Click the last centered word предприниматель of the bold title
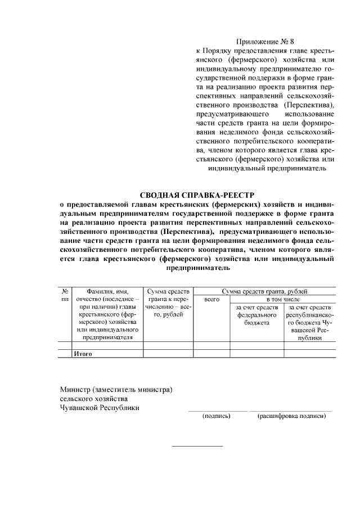(197, 268)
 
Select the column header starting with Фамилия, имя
(107, 314)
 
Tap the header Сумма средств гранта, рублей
(264, 291)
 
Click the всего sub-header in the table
(212, 300)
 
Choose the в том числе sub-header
(282, 300)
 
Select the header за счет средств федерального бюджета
(256, 315)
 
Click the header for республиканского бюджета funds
(309, 322)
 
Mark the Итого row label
(83, 354)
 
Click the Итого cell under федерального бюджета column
(256, 354)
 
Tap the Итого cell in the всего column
(212, 354)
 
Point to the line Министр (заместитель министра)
(116, 390)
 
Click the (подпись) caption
(217, 416)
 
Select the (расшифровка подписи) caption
(291, 416)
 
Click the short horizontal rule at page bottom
(197, 446)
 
